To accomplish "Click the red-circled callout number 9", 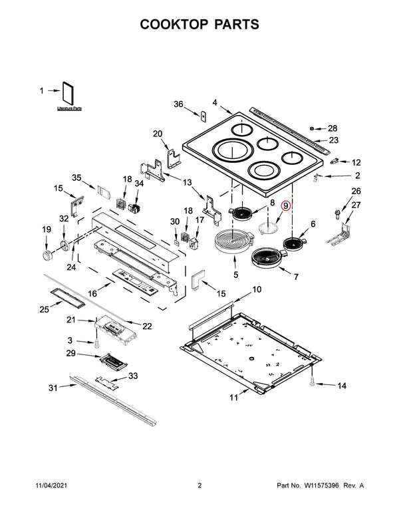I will click(286, 206).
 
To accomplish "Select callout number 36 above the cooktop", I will click(178, 104).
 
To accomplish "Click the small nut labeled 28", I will click(313, 128).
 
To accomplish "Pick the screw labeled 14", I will click(311, 383).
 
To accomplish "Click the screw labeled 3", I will click(97, 344).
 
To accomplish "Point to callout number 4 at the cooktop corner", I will click(215, 102).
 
